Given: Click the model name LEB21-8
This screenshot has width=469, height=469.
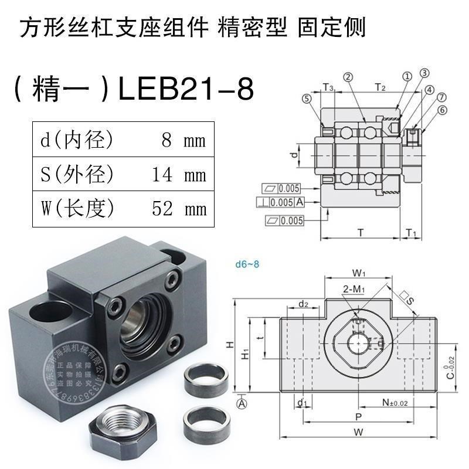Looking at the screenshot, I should [x=186, y=90].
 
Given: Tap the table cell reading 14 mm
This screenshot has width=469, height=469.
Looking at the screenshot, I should [x=179, y=175].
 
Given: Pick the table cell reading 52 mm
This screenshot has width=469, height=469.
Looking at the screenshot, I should [x=179, y=208].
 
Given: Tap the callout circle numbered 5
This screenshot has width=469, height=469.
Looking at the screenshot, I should [x=307, y=99].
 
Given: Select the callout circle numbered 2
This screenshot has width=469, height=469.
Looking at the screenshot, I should [x=348, y=77].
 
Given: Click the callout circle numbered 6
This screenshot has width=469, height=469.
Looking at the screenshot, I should [x=442, y=110].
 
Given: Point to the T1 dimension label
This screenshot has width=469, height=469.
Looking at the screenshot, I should [x=411, y=233].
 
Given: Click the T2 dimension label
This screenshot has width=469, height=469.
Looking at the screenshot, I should [x=379, y=88].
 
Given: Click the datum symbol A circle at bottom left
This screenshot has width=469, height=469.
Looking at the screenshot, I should [x=241, y=403].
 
